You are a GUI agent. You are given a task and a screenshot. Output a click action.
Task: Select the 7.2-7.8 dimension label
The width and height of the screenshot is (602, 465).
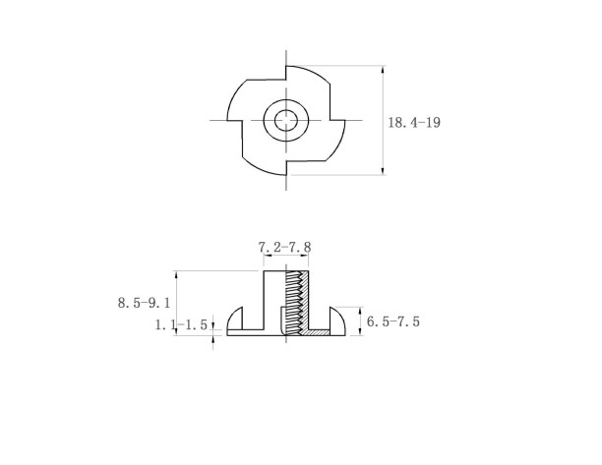pos(285,249)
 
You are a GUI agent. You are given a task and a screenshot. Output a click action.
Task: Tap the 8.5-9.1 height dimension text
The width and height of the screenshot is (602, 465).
pos(144,303)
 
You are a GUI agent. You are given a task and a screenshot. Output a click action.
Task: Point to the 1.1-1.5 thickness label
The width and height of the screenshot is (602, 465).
pos(183,323)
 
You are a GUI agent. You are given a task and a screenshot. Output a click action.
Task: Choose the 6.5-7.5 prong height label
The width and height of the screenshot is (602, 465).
pos(394,321)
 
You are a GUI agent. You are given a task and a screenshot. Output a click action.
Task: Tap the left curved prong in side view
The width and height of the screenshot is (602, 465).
pos(236,320)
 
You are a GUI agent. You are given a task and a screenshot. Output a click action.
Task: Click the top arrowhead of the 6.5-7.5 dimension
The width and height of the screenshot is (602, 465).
pos(360,307)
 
